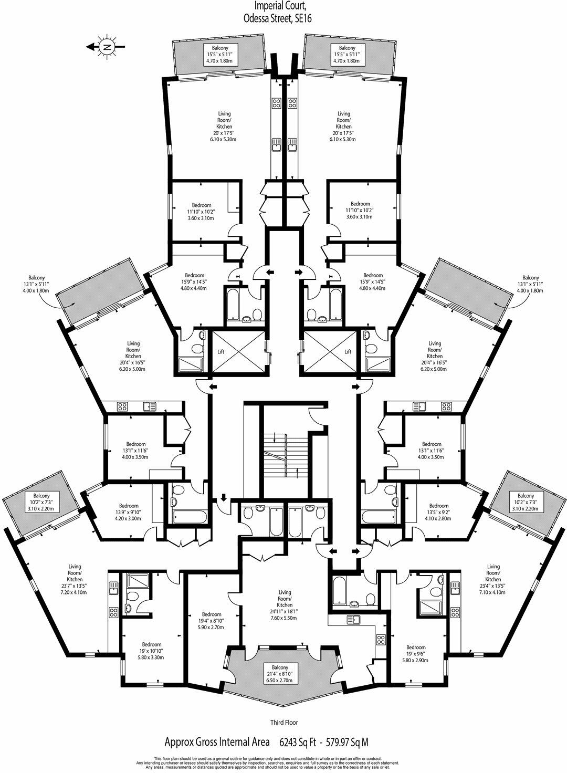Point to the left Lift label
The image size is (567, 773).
tap(221, 352)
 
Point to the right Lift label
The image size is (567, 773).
tap(347, 352)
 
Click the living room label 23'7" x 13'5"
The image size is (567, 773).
tap(75, 579)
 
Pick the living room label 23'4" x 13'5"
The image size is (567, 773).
tap(493, 579)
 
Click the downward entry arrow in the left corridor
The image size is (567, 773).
tap(224, 497)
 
